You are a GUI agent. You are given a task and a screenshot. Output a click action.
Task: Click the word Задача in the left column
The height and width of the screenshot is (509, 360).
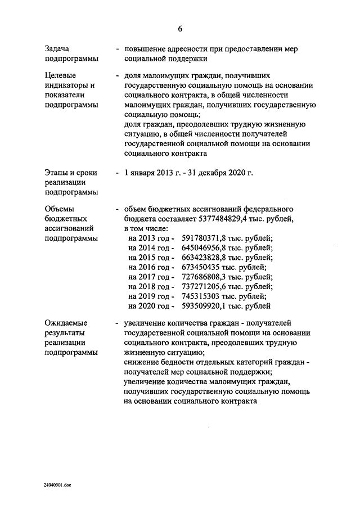(x=58, y=49)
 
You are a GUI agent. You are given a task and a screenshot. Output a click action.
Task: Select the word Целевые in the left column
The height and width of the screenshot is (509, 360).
(x=60, y=75)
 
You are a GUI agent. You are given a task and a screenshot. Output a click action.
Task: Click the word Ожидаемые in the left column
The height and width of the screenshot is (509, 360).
(x=66, y=323)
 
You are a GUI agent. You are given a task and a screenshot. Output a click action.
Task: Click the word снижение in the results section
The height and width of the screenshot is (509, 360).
(x=141, y=363)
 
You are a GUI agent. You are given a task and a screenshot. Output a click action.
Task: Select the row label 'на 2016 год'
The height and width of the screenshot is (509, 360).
(x=148, y=267)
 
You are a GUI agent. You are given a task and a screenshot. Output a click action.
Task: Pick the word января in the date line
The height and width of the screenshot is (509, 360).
(x=145, y=172)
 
